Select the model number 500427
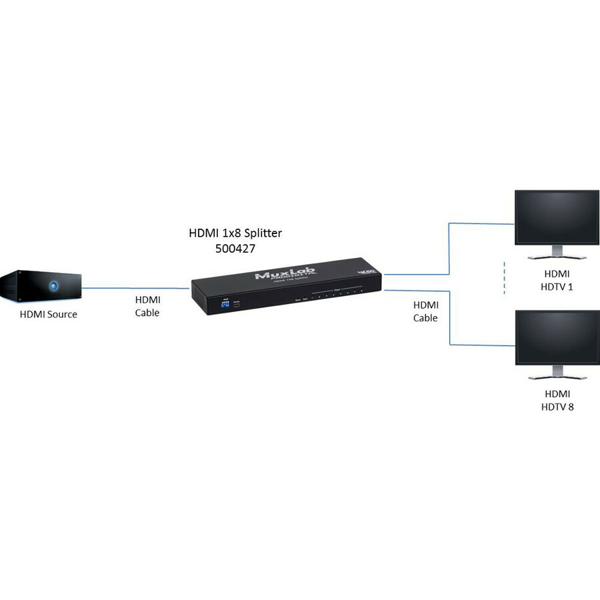pyautogui.click(x=235, y=248)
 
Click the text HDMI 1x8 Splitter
pyautogui.click(x=235, y=233)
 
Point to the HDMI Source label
pyautogui.click(x=48, y=314)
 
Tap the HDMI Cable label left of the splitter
pyautogui.click(x=147, y=306)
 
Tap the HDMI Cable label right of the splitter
pyautogui.click(x=425, y=311)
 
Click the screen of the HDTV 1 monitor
pyautogui.click(x=557, y=218)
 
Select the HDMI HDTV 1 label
pyautogui.click(x=557, y=280)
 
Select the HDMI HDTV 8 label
pyautogui.click(x=557, y=399)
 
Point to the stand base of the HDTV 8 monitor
pyautogui.click(x=557, y=377)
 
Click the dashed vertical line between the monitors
pyautogui.click(x=505, y=278)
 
